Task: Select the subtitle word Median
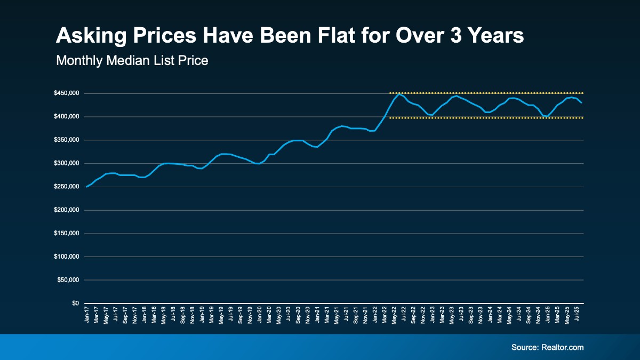click(129, 61)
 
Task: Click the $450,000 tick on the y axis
click(67, 93)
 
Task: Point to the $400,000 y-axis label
click(67, 117)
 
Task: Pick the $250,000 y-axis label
click(67, 187)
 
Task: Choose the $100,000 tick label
click(67, 257)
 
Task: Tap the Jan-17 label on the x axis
click(86, 315)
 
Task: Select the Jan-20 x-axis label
click(259, 315)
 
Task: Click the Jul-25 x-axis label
click(576, 315)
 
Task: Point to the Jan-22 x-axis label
click(374, 315)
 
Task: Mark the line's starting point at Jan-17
click(86, 187)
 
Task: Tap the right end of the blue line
click(581, 102)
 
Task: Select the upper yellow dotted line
click(485, 93)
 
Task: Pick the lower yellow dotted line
click(485, 118)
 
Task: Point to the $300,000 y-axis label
click(67, 163)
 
